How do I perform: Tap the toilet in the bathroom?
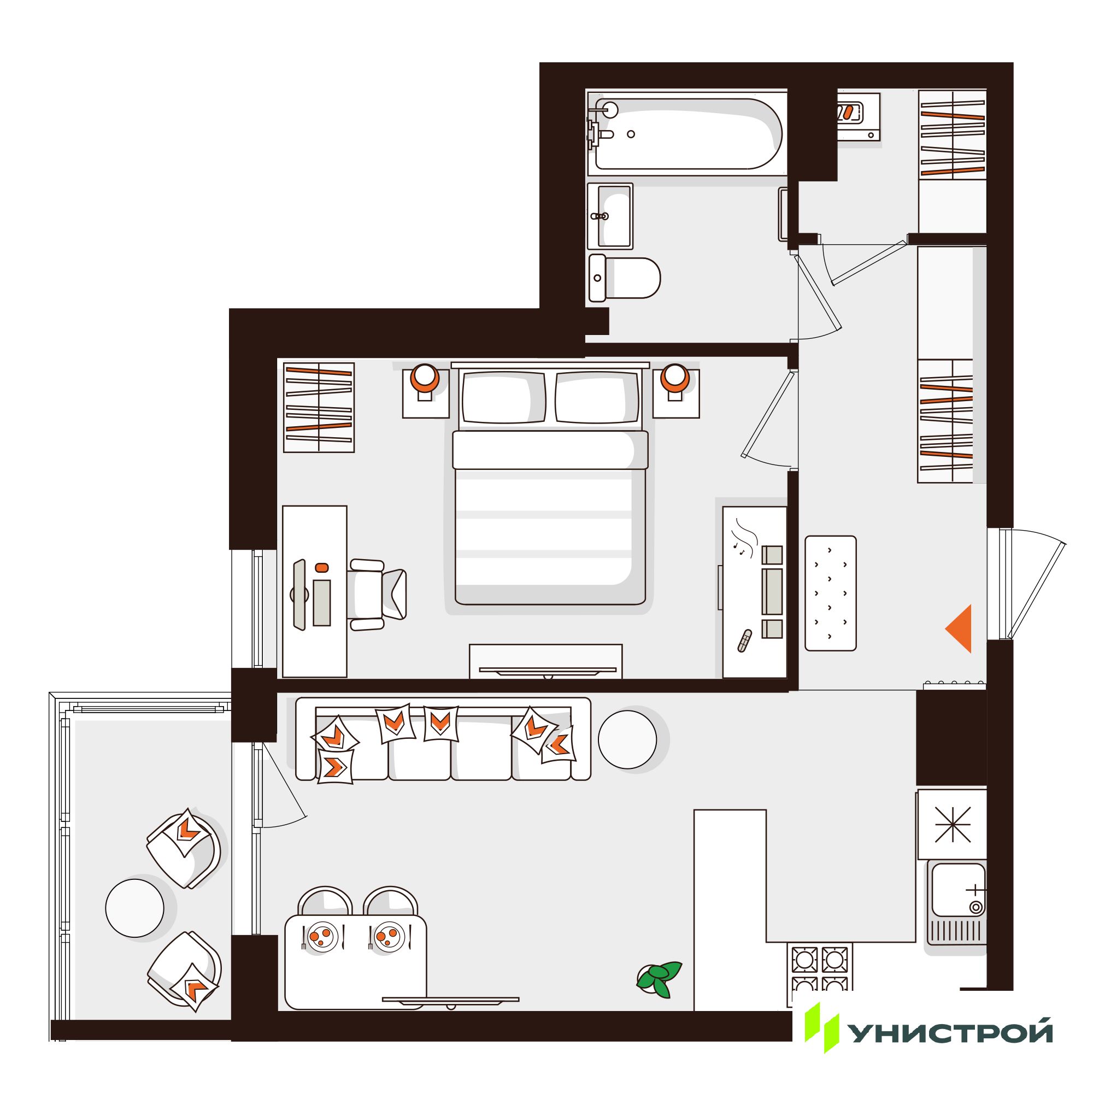(624, 278)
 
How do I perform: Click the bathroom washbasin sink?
(610, 215)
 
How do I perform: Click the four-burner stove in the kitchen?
(820, 976)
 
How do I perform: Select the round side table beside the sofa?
(627, 739)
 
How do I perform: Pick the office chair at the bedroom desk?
(376, 594)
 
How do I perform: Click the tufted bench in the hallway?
(830, 593)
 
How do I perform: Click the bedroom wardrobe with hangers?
(319, 407)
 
